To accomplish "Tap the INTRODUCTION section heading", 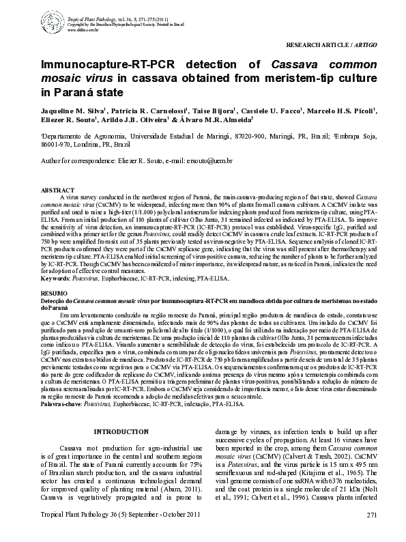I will pyautogui.click(x=120, y=431).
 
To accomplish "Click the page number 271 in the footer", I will pyautogui.click(x=372, y=533).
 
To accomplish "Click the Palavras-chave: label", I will pyautogui.click(x=61, y=404).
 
